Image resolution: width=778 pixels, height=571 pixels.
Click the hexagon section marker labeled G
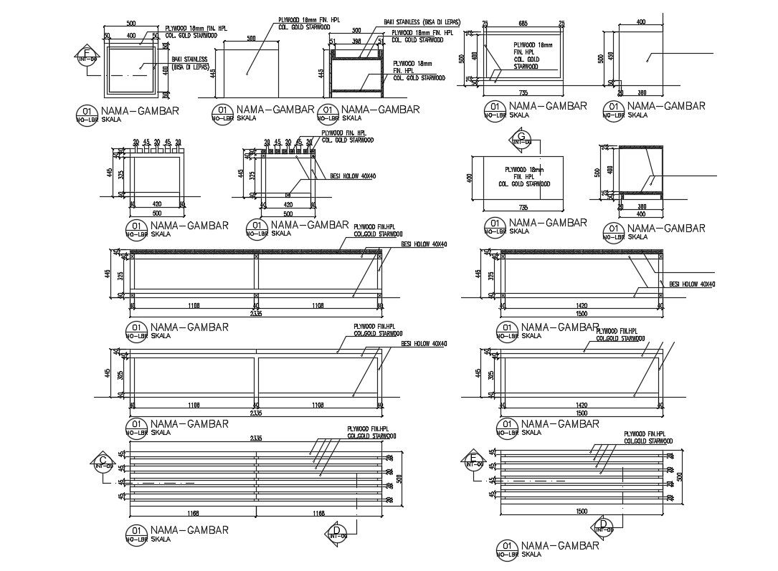(x=521, y=138)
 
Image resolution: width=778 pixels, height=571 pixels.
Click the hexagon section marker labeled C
(x=103, y=462)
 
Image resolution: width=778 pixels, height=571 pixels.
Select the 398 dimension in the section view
(x=356, y=42)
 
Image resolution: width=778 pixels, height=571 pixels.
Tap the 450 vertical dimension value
(x=610, y=57)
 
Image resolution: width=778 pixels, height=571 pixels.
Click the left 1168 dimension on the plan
(x=192, y=513)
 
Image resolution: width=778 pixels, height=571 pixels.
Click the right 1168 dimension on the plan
(x=319, y=513)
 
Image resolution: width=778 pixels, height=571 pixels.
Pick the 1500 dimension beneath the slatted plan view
(x=582, y=511)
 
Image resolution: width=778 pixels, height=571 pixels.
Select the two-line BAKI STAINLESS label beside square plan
(x=189, y=62)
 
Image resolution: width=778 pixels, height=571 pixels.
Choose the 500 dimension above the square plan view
(x=131, y=24)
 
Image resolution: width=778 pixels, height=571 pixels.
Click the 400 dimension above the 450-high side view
(x=640, y=22)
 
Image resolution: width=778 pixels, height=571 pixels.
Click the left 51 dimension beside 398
(x=333, y=42)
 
